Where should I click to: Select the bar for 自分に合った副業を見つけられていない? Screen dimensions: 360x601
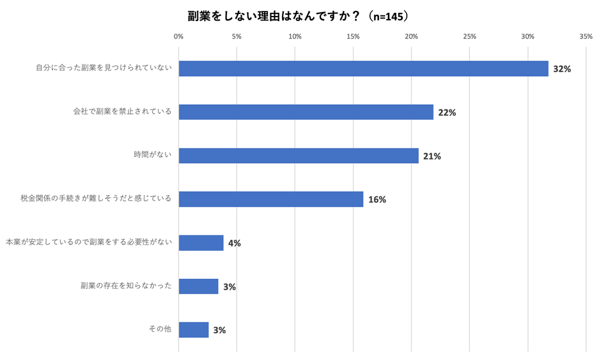pyautogui.click(x=363, y=68)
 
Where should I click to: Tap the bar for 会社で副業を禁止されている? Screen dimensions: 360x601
pyautogui.click(x=306, y=112)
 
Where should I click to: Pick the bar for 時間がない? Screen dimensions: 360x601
pyautogui.click(x=299, y=155)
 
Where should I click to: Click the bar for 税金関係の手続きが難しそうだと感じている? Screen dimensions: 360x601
pyautogui.click(x=271, y=199)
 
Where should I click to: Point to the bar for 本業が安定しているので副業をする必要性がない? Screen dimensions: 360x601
pyautogui.click(x=201, y=242)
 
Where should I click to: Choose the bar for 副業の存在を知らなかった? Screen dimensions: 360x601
pyautogui.click(x=198, y=286)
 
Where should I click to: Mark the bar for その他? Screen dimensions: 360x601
pyautogui.click(x=194, y=329)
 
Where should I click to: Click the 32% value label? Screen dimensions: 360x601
pyautogui.click(x=561, y=69)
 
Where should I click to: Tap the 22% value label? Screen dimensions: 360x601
pyautogui.click(x=446, y=113)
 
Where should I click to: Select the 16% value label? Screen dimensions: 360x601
pyautogui.click(x=377, y=200)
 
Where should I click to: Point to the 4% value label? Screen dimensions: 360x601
pyautogui.click(x=234, y=243)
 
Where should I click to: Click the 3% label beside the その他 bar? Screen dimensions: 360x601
pyautogui.click(x=219, y=331)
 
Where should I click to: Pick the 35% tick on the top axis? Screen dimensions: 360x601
pyautogui.click(x=586, y=36)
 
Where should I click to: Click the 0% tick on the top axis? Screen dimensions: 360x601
pyautogui.click(x=178, y=36)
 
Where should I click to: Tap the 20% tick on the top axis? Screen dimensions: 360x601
pyautogui.click(x=411, y=36)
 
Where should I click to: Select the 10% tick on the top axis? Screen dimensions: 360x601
pyautogui.click(x=295, y=36)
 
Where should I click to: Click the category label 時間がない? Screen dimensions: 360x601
pyautogui.click(x=153, y=155)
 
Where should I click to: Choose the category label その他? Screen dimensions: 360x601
pyautogui.click(x=159, y=329)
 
